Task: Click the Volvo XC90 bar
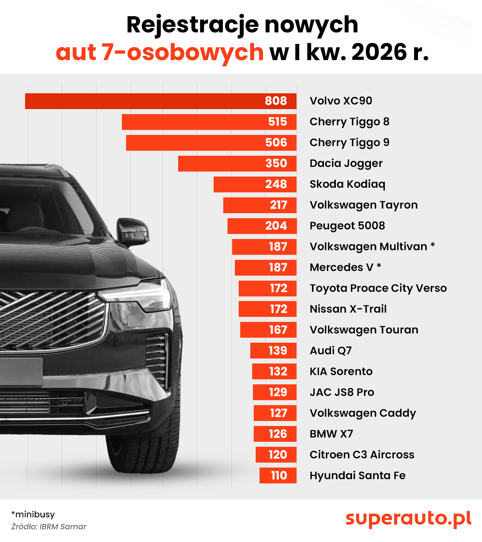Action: coord(160,101)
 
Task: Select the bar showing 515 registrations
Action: coord(209,122)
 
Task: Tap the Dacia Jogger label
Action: coord(346,163)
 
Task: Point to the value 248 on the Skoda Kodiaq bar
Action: coord(276,184)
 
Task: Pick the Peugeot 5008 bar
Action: coord(262,226)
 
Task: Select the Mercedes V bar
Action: coord(265,268)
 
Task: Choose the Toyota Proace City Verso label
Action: coord(378,288)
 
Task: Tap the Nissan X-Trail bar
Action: coord(267,309)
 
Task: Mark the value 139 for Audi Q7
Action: coord(278,351)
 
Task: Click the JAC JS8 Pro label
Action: coord(342,392)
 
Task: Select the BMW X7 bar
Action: coord(275,434)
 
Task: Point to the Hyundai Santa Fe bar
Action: coord(278,476)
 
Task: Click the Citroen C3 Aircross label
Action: coord(362,455)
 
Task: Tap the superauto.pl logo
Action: coord(408,518)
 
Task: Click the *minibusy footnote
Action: coord(33,514)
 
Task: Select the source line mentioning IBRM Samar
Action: coord(49,527)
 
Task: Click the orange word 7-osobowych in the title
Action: coord(160,52)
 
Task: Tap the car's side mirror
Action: coord(133,232)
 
